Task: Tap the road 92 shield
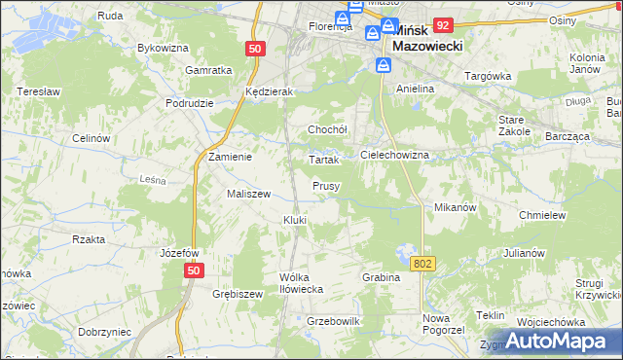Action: (443, 25)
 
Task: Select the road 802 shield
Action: (421, 264)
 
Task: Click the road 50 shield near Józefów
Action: (195, 270)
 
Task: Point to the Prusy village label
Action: (325, 186)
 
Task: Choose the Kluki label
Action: (295, 220)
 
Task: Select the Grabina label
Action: (382, 277)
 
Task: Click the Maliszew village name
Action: (248, 194)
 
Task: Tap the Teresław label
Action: (38, 91)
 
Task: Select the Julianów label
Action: (524, 253)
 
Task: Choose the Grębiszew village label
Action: (238, 294)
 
